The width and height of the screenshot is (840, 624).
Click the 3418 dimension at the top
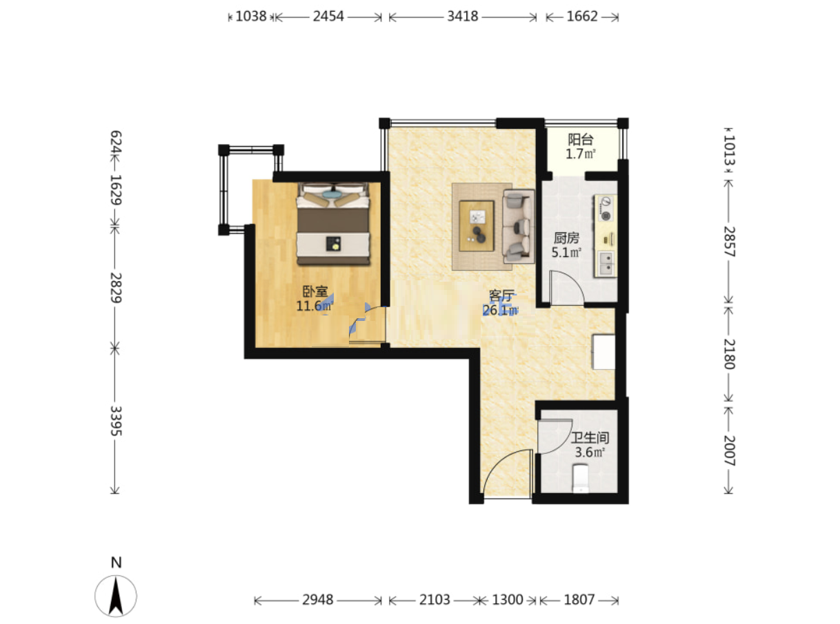click(463, 17)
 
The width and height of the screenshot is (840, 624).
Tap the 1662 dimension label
click(582, 17)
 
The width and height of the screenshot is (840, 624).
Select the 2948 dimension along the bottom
click(317, 600)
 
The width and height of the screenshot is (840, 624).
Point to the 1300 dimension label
click(508, 600)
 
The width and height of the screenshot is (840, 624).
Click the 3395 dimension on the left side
click(116, 421)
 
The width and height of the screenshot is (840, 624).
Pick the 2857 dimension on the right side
click(729, 242)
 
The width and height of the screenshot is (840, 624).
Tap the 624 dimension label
click(116, 142)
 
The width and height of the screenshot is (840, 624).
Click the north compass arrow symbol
click(116, 596)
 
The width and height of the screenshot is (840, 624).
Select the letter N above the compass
click(117, 563)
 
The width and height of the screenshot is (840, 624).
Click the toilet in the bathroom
click(580, 479)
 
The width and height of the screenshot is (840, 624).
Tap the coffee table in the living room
click(477, 226)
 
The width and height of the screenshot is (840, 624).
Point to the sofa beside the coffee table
click(519, 227)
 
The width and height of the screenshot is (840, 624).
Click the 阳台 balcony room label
click(580, 140)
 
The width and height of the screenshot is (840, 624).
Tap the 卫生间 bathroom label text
click(590, 438)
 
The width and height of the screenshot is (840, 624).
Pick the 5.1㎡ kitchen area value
click(566, 252)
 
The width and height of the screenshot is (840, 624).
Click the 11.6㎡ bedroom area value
click(314, 306)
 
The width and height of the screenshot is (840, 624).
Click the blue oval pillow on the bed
click(332, 194)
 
